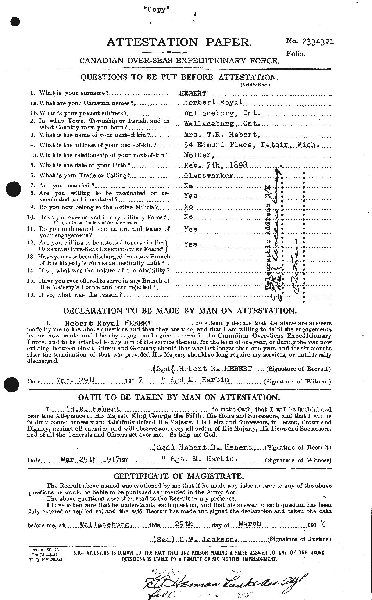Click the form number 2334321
coord(315,42)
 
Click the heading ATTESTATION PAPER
coord(179,43)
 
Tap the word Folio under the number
coord(296,54)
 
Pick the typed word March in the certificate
coord(249,524)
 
